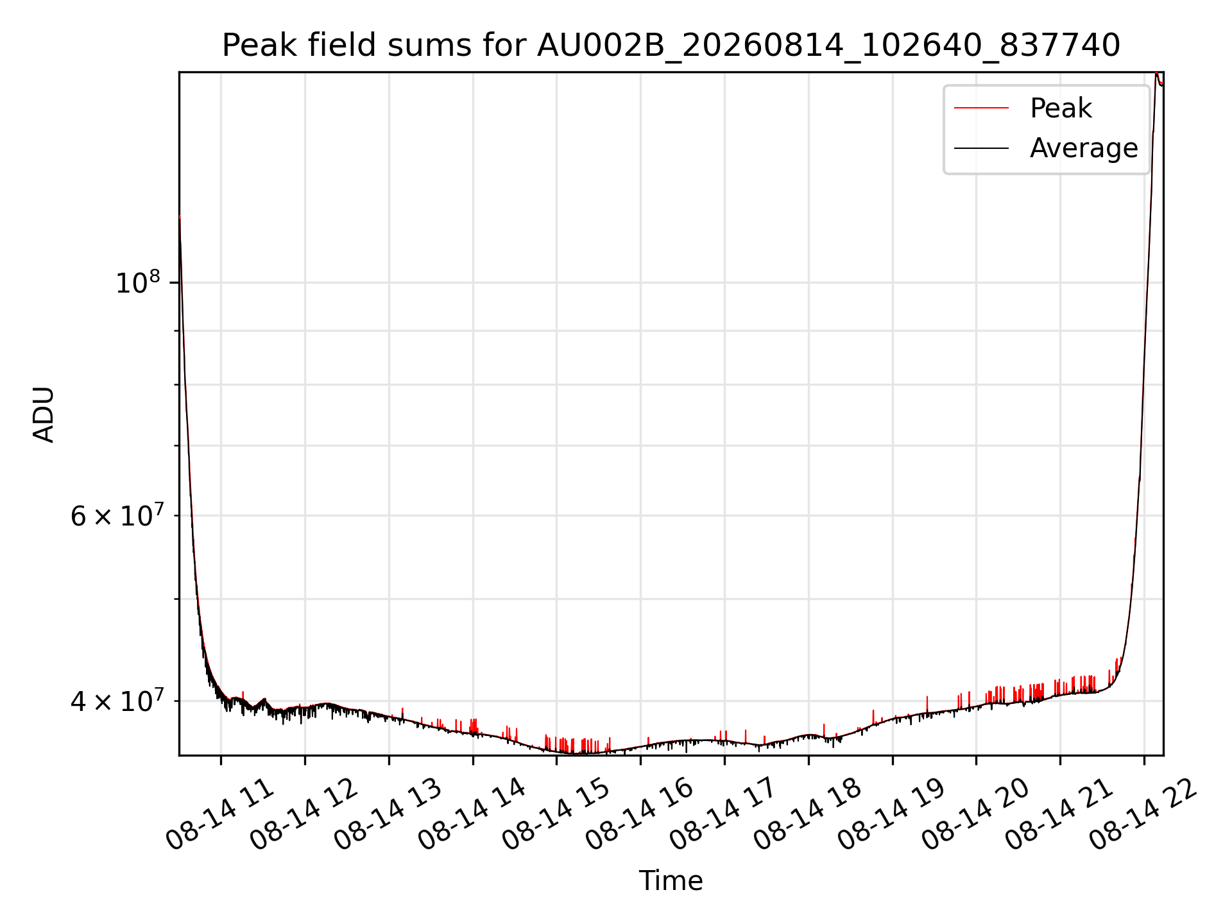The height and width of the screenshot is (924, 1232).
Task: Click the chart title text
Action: (671, 46)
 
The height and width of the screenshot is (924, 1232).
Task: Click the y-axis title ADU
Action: (44, 414)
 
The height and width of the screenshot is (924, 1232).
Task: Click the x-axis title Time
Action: (671, 880)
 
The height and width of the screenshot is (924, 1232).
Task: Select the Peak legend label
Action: (1061, 108)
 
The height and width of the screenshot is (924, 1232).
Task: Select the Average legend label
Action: (1084, 148)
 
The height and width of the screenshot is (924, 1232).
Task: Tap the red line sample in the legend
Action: (981, 108)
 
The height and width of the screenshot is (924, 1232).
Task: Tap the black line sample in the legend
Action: (981, 148)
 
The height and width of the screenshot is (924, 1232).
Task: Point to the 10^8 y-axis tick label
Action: (137, 282)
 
